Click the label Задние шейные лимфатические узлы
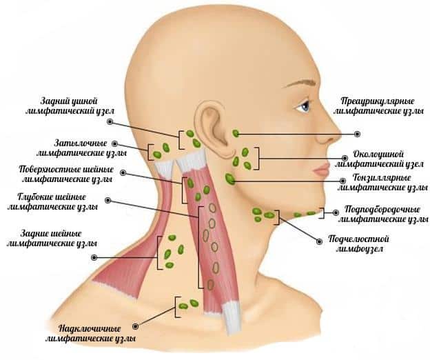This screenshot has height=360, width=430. tap(52, 238)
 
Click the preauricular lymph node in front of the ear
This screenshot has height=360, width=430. tap(236, 132)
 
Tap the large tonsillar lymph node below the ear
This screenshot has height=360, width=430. tap(230, 179)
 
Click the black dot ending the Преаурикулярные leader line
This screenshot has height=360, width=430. tap(357, 133)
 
